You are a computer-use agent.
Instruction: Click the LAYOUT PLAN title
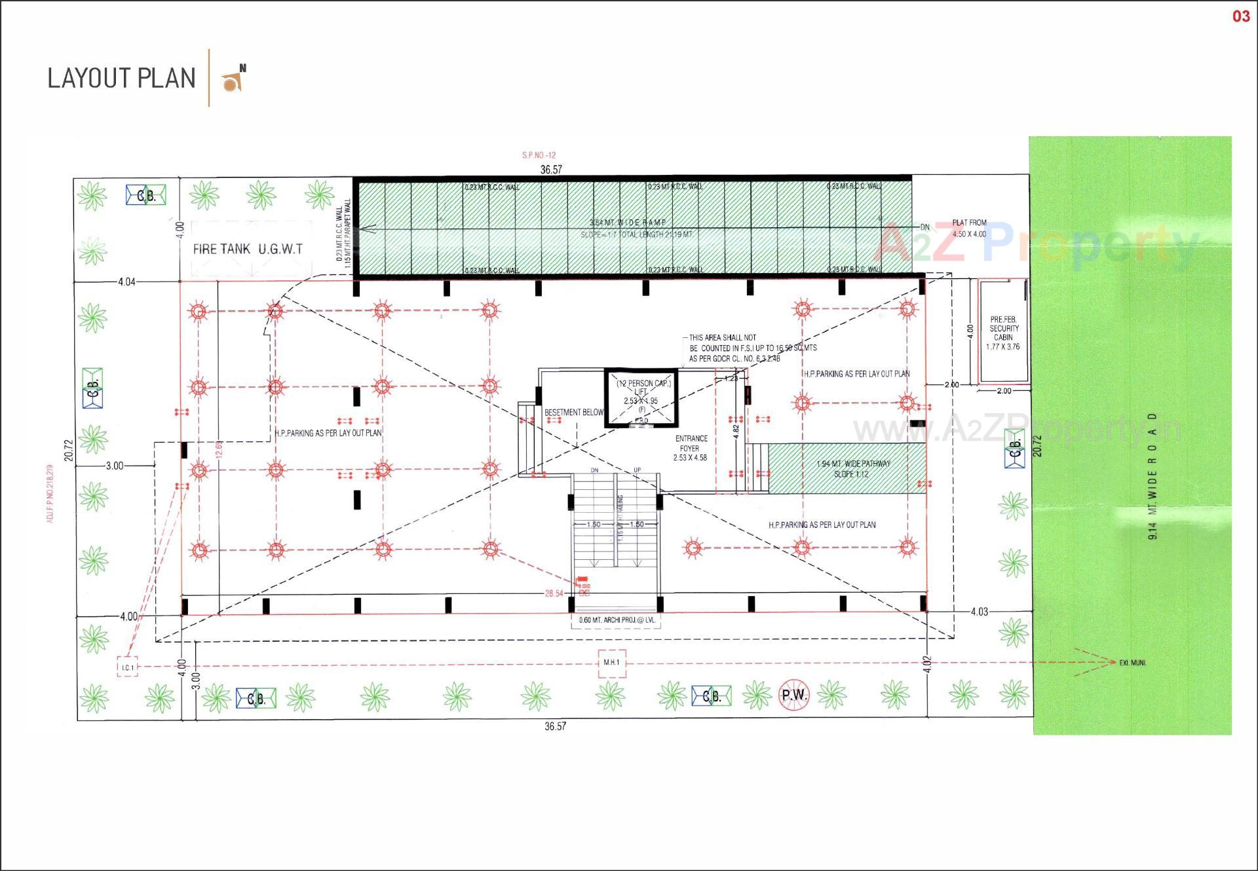pos(121,78)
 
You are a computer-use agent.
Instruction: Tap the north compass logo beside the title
pos(234,79)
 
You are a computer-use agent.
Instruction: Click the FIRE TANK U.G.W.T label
pos(248,249)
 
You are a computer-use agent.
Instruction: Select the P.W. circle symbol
pos(794,695)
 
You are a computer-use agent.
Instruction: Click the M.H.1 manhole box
pos(611,663)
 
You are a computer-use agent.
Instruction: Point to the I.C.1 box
pos(127,667)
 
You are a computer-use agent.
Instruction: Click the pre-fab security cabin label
pos(1004,333)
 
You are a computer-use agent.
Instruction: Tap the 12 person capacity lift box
pos(641,397)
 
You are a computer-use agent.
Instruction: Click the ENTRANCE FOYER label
pos(691,448)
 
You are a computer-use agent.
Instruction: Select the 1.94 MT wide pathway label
pos(852,468)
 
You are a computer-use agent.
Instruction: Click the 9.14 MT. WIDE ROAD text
pos(1153,476)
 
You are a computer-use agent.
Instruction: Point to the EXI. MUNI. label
pos(1133,663)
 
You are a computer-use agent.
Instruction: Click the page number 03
pos(1241,16)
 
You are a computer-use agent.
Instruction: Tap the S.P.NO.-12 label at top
pos(539,155)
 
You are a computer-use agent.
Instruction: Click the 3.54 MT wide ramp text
pos(627,223)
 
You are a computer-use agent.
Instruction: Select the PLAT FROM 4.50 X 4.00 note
pos(969,228)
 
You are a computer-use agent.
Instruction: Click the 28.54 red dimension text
pos(554,593)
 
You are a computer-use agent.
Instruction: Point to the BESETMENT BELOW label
pos(574,413)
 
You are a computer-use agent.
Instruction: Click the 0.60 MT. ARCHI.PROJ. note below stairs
pos(617,620)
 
